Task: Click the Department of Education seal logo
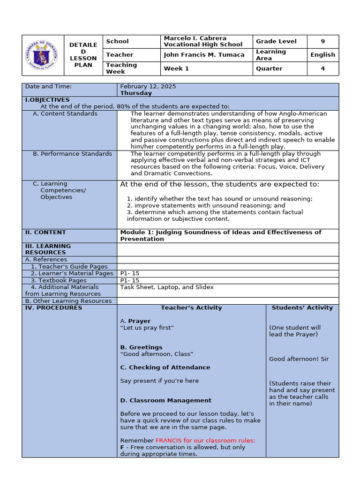pyautogui.click(x=42, y=55)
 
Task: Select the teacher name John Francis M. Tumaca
pyautogui.click(x=204, y=55)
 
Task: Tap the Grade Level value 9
pyautogui.click(x=322, y=41)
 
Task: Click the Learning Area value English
pyautogui.click(x=322, y=55)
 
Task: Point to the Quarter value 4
pyautogui.click(x=322, y=68)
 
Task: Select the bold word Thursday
pyautogui.click(x=136, y=93)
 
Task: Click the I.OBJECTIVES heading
pyautogui.click(x=47, y=100)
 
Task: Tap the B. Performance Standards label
pyautogui.click(x=72, y=154)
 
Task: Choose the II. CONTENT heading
pyautogui.click(x=45, y=232)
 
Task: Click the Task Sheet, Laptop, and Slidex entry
pyautogui.click(x=166, y=287)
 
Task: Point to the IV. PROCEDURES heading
pyautogui.click(x=53, y=308)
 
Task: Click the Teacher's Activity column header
pyautogui.click(x=191, y=308)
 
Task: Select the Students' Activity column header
pyautogui.click(x=302, y=308)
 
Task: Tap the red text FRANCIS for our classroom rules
pyautogui.click(x=205, y=441)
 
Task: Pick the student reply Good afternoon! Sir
pyautogui.click(x=299, y=359)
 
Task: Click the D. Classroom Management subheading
pyautogui.click(x=165, y=400)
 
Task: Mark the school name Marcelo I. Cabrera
pyautogui.click(x=195, y=38)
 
